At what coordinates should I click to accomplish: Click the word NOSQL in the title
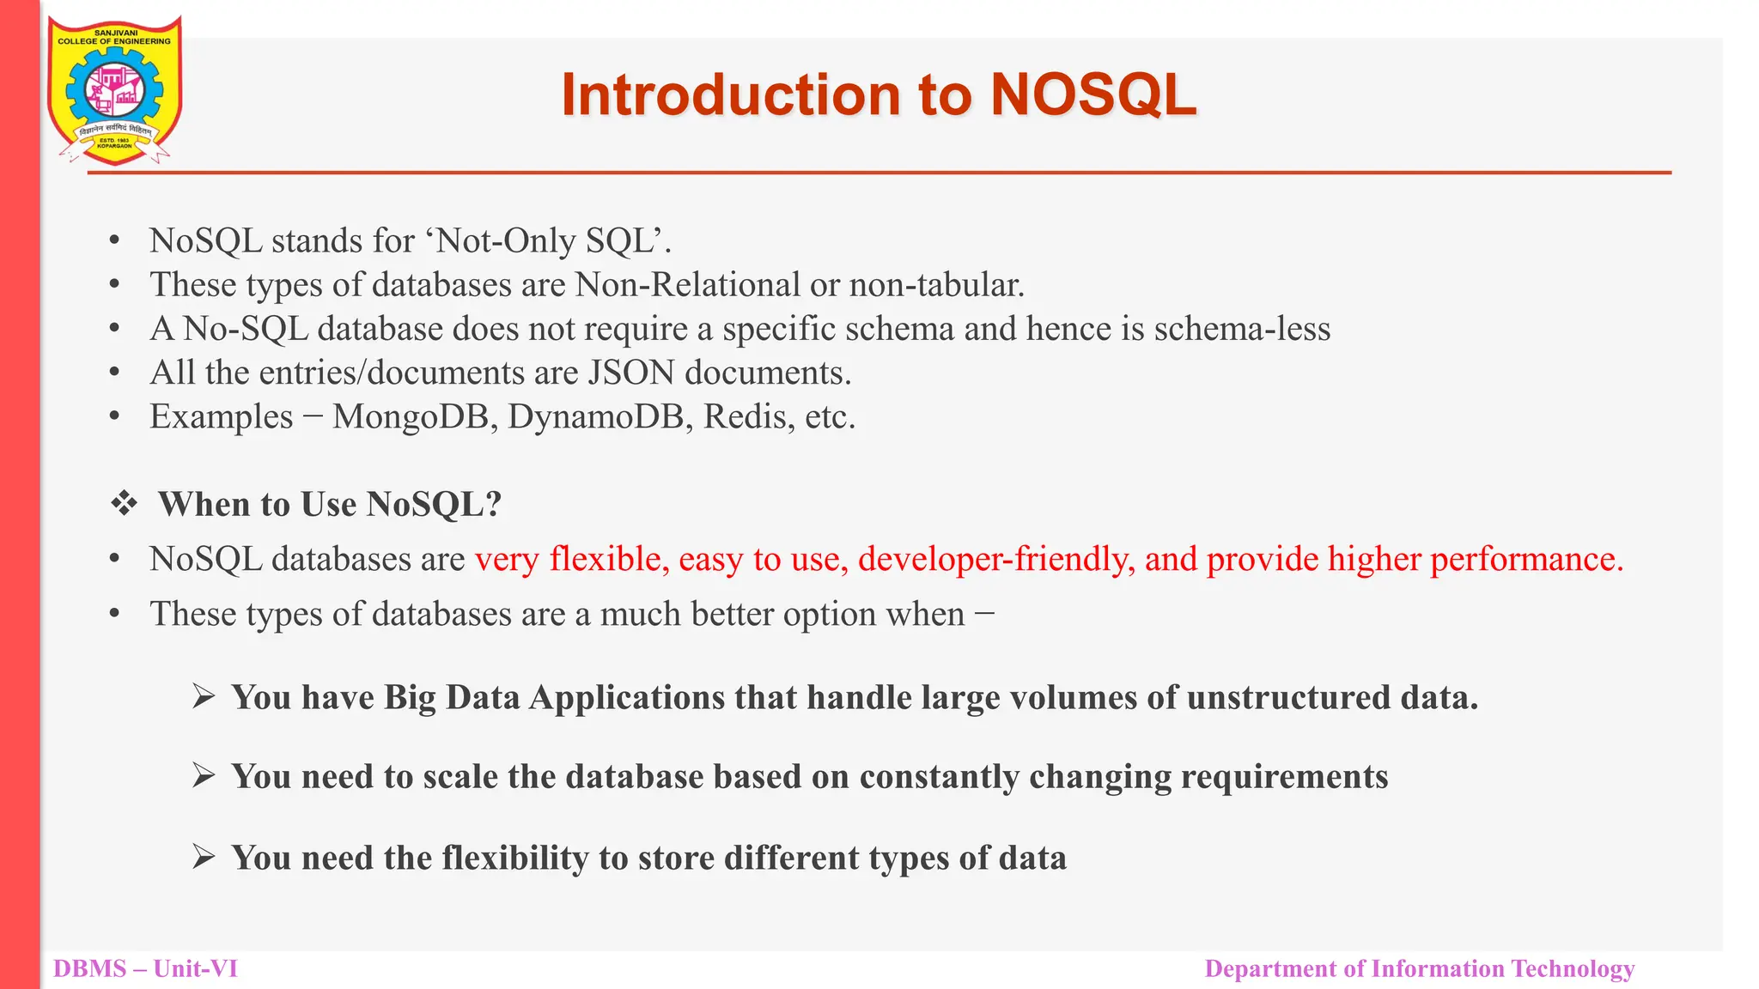[1093, 94]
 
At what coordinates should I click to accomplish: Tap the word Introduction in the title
[731, 94]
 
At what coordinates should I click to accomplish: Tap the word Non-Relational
[687, 285]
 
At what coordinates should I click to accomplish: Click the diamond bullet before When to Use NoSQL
[124, 504]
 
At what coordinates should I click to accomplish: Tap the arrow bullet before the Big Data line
[204, 696]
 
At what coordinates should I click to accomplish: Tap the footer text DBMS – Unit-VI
[145, 969]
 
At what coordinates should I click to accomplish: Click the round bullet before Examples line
[114, 417]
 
